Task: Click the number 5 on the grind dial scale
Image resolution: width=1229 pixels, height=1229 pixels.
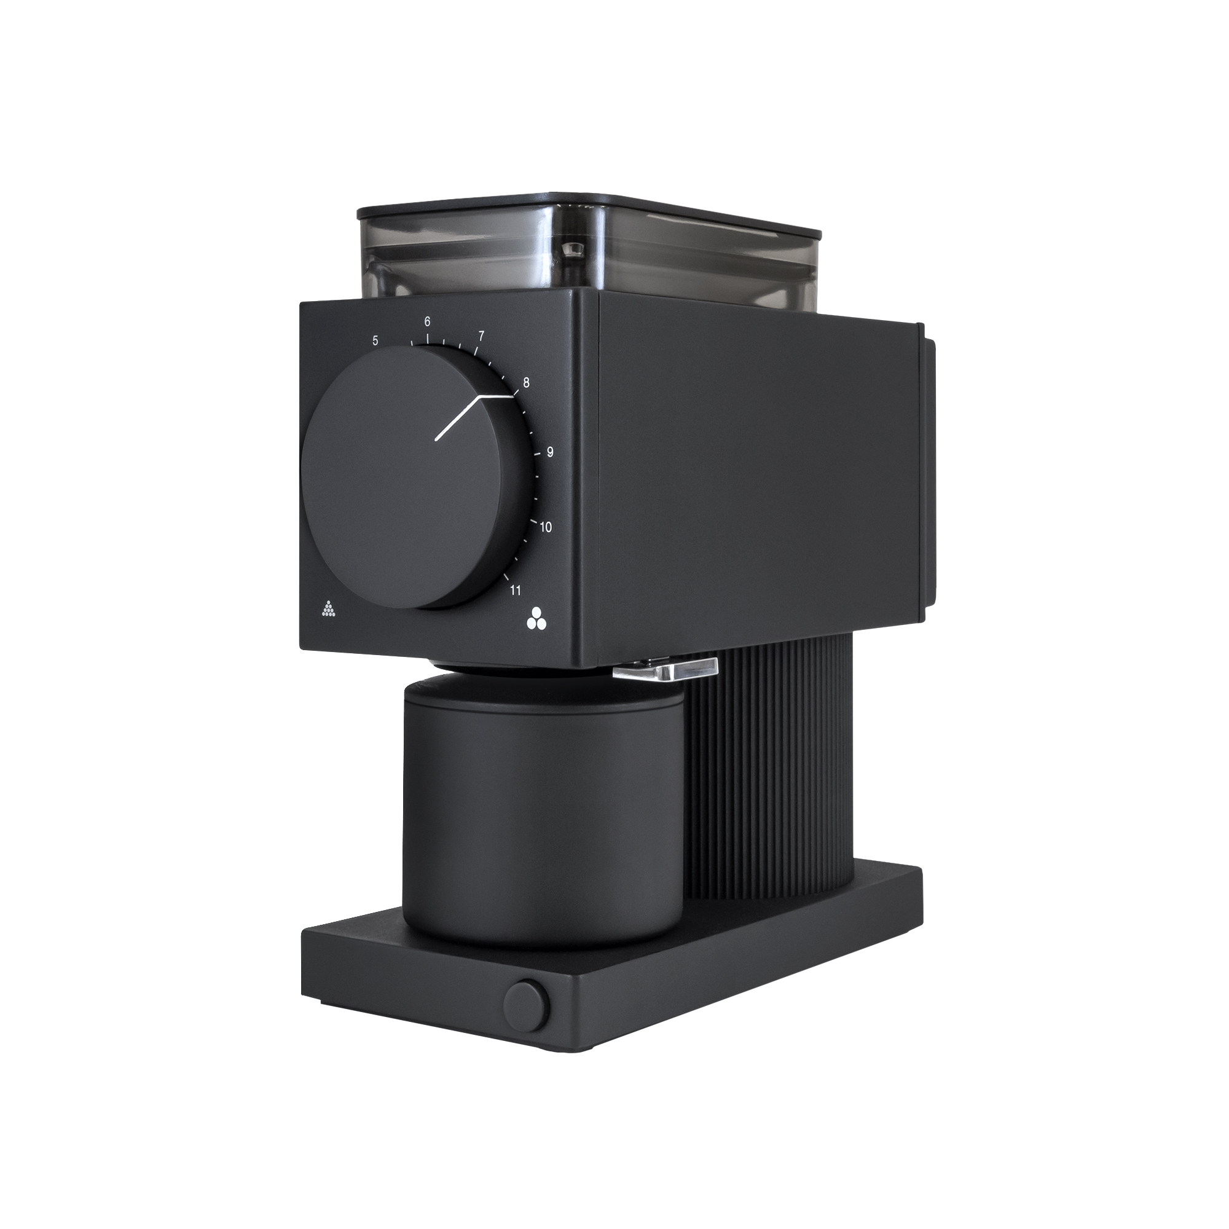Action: point(375,340)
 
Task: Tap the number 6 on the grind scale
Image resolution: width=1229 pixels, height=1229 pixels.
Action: point(428,321)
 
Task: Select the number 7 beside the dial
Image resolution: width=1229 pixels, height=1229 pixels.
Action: point(482,336)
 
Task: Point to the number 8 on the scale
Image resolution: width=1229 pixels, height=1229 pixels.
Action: point(526,383)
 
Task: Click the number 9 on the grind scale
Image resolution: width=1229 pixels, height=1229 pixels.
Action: point(549,452)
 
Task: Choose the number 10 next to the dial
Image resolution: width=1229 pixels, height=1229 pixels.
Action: point(546,527)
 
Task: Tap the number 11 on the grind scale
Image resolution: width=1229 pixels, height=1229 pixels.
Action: point(516,591)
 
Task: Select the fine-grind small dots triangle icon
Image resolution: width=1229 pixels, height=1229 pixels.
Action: point(328,609)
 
